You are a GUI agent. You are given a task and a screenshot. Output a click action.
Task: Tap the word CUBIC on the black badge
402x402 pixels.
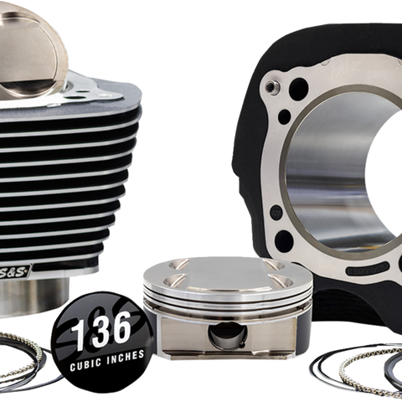coord(86,364)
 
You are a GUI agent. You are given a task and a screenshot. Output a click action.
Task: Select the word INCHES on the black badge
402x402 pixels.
coord(126,357)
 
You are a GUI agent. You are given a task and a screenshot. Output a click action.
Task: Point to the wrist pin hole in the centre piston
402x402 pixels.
coord(228,335)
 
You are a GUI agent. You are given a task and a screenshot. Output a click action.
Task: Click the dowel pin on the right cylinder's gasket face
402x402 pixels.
coord(270,86)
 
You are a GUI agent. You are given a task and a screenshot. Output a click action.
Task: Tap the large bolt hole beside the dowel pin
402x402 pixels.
coord(298,88)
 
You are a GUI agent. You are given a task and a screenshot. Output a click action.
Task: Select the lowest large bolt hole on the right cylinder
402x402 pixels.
coord(284,240)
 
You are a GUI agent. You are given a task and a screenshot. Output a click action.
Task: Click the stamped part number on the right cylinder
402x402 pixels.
coord(367,269)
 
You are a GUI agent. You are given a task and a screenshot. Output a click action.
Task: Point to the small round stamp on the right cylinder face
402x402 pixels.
coord(277,211)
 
